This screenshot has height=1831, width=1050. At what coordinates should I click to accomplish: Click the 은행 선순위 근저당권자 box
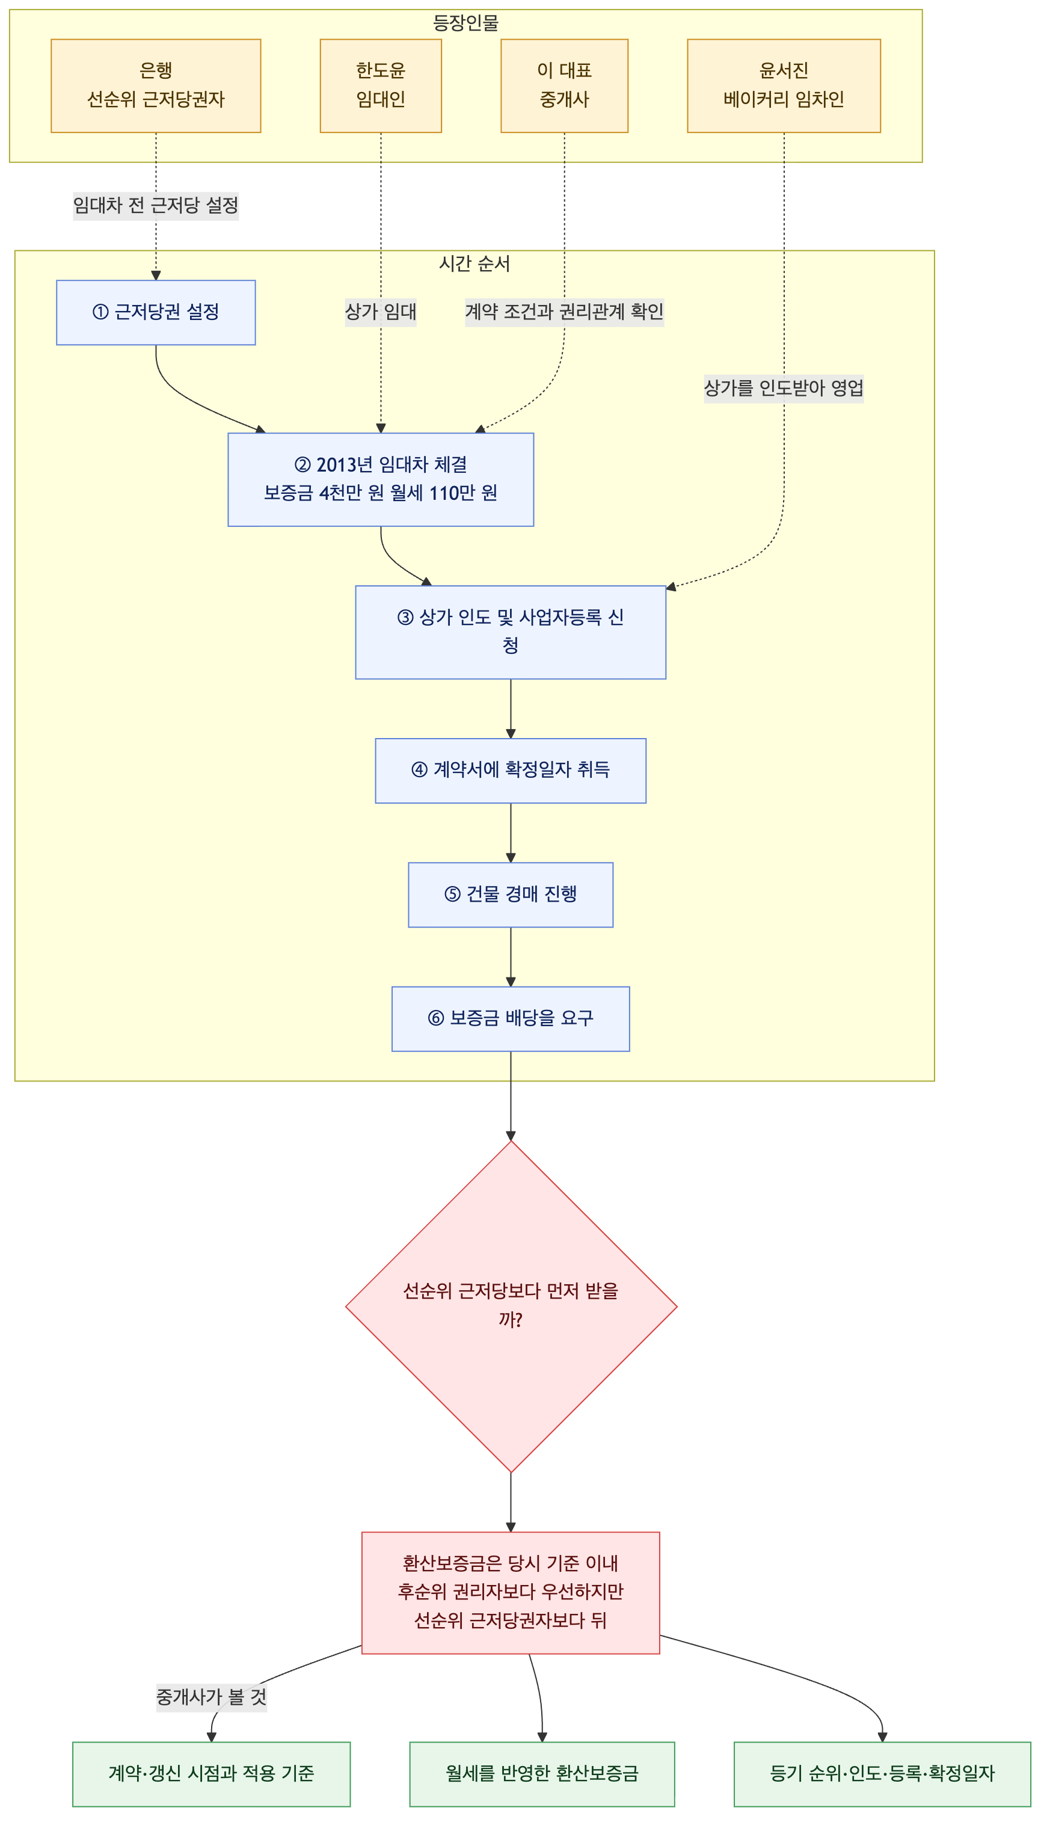pyautogui.click(x=156, y=86)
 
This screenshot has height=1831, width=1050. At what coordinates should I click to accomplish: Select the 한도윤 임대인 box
pyautogui.click(x=381, y=86)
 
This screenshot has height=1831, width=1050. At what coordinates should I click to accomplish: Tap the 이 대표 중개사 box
pyautogui.click(x=565, y=86)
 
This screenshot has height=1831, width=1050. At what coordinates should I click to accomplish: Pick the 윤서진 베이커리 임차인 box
pyautogui.click(x=784, y=86)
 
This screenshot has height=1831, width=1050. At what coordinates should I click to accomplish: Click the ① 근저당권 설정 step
pyautogui.click(x=156, y=312)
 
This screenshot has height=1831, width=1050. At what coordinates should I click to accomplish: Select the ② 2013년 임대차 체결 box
pyautogui.click(x=381, y=479)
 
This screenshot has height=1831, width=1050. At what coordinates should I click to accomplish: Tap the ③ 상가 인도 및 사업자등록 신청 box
pyautogui.click(x=511, y=632)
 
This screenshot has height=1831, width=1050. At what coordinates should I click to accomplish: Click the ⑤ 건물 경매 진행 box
pyautogui.click(x=511, y=895)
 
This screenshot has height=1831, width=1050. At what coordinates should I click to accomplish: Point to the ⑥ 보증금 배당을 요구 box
pyautogui.click(x=511, y=1019)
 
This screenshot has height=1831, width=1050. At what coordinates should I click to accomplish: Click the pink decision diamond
pyautogui.click(x=511, y=1306)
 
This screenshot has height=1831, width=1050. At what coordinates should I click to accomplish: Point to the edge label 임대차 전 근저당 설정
pyautogui.click(x=156, y=206)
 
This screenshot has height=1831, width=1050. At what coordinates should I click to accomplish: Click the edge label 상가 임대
pyautogui.click(x=381, y=312)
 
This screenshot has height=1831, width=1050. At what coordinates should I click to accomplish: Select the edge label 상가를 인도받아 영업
pyautogui.click(x=784, y=389)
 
